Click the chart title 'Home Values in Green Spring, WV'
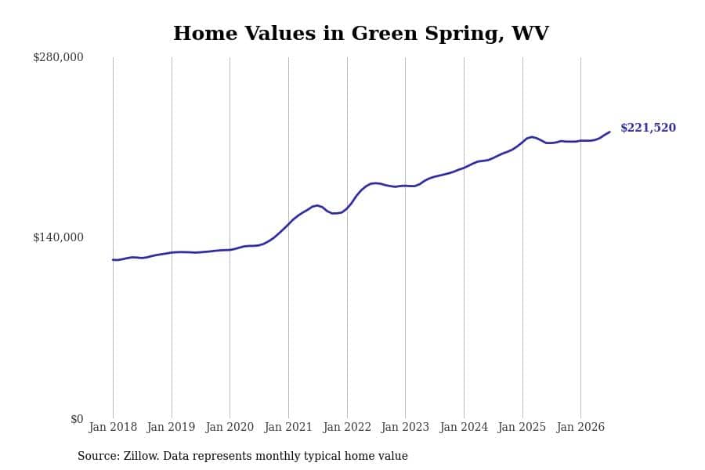coord(360,33)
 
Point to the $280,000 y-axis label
coord(58,57)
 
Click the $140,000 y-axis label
coord(58,237)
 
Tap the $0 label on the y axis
coord(77,419)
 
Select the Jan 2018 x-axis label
coord(113,427)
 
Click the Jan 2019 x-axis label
coord(172,427)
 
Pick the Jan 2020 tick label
coord(230,427)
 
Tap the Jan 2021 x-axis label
coord(288,427)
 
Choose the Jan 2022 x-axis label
coord(347,427)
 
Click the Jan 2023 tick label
coord(405,427)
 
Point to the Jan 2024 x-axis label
coord(464,427)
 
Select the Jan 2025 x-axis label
coord(522,427)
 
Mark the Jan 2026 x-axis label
coord(580,427)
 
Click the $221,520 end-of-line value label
coord(648,128)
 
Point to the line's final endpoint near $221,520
coord(609,132)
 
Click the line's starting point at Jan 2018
coord(113,259)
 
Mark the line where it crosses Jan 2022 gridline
coord(347,208)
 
